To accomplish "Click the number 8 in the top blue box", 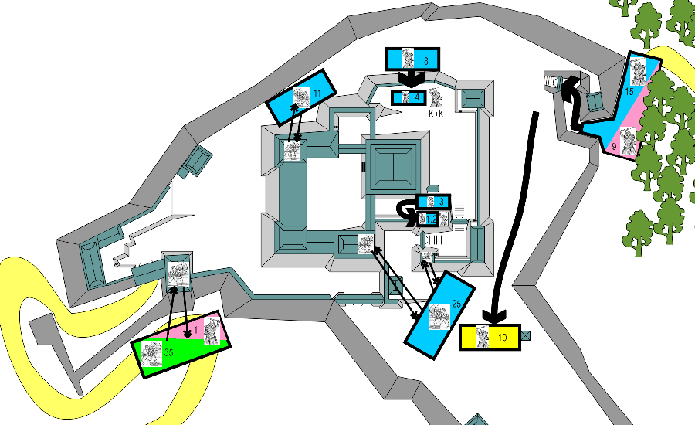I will (425, 59).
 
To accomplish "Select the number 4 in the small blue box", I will (416, 97).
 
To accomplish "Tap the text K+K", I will (436, 114).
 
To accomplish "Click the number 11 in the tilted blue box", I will (317, 93).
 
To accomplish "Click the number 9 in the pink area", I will (615, 145).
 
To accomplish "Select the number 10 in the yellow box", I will (502, 338).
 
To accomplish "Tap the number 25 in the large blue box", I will (456, 304).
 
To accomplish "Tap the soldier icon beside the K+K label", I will (436, 98).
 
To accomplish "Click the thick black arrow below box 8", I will (411, 78).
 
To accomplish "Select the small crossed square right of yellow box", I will (526, 336).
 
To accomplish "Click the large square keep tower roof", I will (395, 165).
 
